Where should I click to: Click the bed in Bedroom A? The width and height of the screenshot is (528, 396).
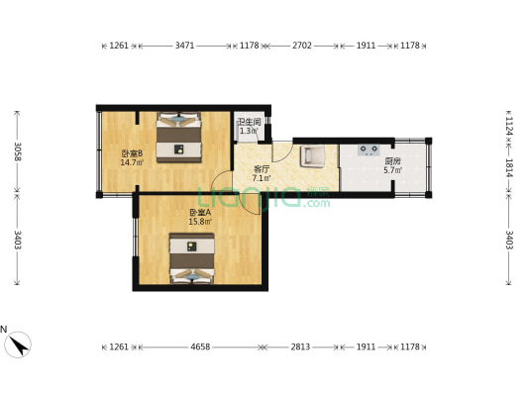(x=190, y=259)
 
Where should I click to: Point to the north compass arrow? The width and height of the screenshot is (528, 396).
(x=17, y=344)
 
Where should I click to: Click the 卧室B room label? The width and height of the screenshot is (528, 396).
(x=132, y=153)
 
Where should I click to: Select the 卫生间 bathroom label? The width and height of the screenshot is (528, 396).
(x=248, y=122)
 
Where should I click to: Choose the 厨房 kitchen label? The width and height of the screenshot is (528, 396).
(x=393, y=161)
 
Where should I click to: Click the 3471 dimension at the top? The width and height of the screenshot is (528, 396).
(x=184, y=46)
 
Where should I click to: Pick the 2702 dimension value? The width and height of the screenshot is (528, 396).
(x=300, y=46)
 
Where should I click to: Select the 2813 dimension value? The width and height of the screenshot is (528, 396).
(x=301, y=347)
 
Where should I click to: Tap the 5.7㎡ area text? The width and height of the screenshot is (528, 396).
(x=393, y=170)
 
